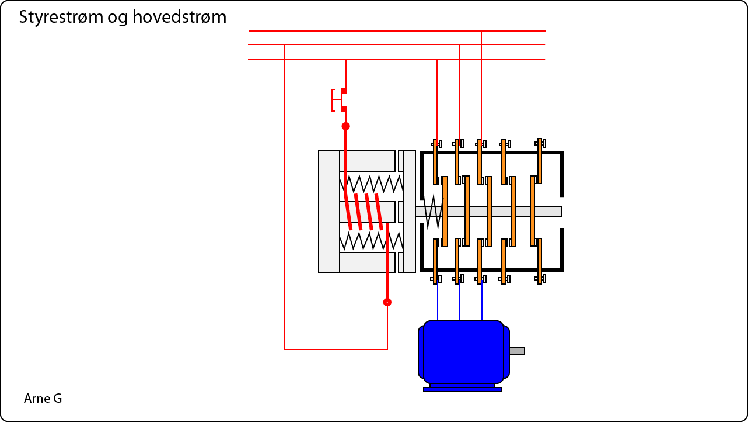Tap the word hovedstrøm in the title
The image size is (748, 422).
[179, 18]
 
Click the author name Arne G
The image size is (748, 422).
[43, 399]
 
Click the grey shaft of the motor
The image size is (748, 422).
[517, 351]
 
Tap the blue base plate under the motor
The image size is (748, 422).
[462, 389]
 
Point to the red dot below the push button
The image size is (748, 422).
[345, 126]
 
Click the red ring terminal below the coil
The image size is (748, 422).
[387, 302]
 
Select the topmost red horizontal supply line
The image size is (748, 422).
[397, 30]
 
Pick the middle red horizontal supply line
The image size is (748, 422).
[397, 44]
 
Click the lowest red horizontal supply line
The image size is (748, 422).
[397, 60]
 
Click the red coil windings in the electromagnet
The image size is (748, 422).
[364, 212]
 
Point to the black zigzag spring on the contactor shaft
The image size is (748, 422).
[432, 212]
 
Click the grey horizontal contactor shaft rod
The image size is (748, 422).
[548, 212]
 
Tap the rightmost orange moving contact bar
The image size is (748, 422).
[532, 211]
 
